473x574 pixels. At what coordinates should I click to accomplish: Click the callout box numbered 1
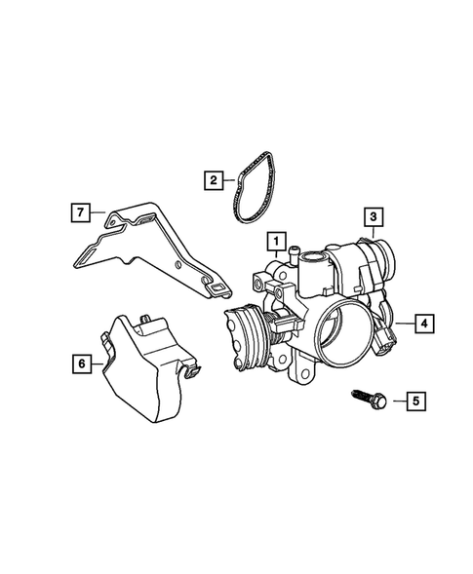tap(277, 240)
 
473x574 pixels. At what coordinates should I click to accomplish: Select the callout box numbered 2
tap(210, 179)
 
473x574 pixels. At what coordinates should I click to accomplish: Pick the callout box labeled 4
tap(422, 323)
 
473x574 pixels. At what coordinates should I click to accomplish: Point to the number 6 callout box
tap(81, 364)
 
